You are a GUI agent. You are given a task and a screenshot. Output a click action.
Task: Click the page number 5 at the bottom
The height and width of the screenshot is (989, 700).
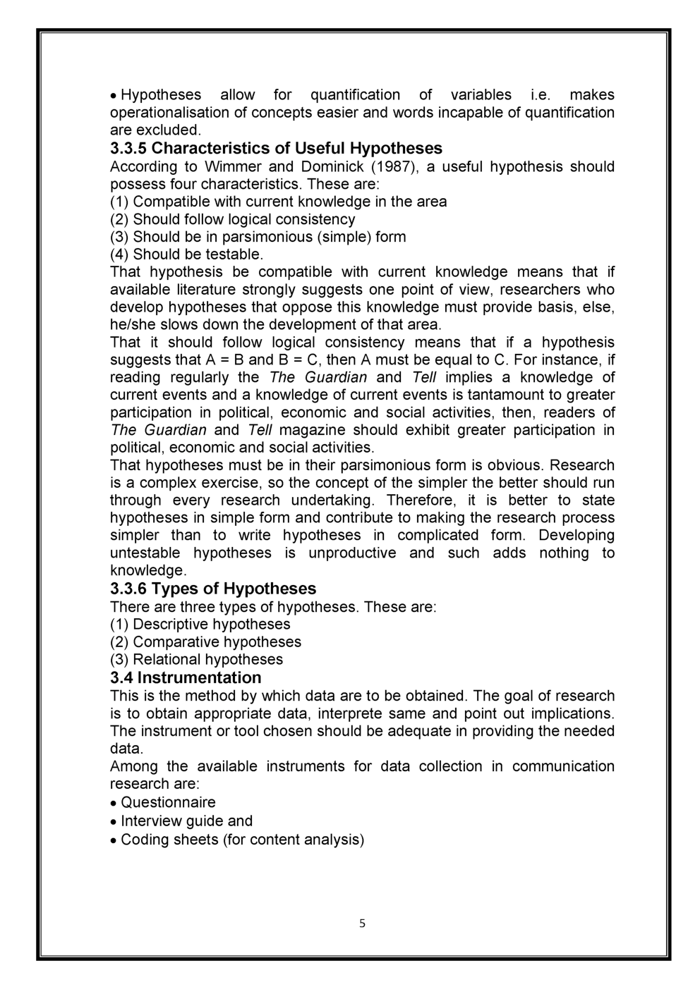[x=362, y=923]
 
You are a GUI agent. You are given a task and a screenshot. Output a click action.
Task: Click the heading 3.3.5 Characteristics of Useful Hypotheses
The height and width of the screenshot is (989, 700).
[x=276, y=148]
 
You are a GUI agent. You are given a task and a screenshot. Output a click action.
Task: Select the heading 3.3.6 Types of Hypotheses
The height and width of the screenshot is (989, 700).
[x=213, y=589]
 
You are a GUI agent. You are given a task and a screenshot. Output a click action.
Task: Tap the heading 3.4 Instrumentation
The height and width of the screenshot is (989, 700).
[x=186, y=677]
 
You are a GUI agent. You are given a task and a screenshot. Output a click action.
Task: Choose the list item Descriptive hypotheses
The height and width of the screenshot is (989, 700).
[x=200, y=624]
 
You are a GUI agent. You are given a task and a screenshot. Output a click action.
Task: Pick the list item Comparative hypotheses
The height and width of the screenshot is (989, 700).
[x=205, y=641]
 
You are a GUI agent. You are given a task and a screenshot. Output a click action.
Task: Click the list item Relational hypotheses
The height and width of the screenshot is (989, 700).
[x=196, y=659]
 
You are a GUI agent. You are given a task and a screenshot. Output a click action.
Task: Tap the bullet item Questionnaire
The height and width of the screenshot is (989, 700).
[x=168, y=802]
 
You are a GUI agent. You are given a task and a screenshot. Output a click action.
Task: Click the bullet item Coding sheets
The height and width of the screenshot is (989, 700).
[x=242, y=839]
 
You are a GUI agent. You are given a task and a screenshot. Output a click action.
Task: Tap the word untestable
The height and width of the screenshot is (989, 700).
[x=145, y=553]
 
